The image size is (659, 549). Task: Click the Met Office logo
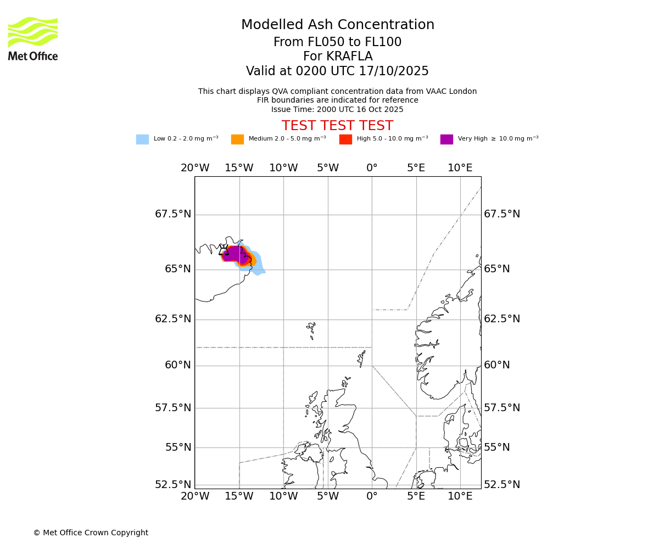click(x=33, y=38)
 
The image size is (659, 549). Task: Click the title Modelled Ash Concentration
click(x=337, y=25)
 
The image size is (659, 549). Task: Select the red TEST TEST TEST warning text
click(x=337, y=126)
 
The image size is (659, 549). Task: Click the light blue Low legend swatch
click(x=142, y=139)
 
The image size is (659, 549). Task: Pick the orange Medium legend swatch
click(x=237, y=139)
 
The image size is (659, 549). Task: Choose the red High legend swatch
click(x=345, y=139)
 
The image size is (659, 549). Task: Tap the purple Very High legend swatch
click(x=446, y=139)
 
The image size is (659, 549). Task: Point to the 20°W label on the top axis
click(x=195, y=168)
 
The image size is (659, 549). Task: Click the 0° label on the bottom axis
click(x=372, y=497)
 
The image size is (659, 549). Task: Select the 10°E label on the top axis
click(x=460, y=168)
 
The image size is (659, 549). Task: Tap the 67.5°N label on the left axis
click(x=173, y=214)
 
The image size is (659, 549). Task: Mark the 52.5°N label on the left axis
click(x=173, y=485)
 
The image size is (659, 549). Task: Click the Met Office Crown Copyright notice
click(x=91, y=533)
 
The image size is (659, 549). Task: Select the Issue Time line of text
click(x=337, y=110)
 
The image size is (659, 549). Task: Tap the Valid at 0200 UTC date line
click(x=337, y=71)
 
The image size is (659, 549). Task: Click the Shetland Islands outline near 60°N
click(x=361, y=358)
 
